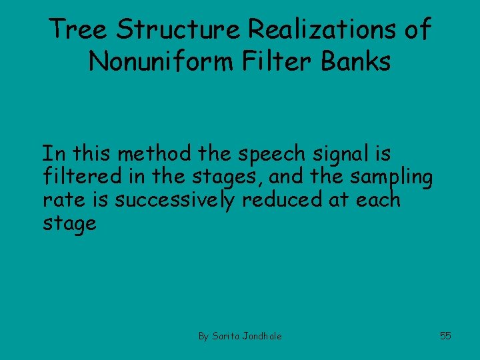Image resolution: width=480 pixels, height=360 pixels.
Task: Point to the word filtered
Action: pos(78,177)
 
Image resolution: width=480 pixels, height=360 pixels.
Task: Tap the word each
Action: pos(379,199)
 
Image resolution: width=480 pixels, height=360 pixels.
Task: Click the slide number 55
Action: pos(445,336)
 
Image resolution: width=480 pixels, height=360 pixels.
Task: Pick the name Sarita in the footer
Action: pos(226,336)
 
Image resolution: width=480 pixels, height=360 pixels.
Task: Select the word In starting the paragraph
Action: pos(53,154)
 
